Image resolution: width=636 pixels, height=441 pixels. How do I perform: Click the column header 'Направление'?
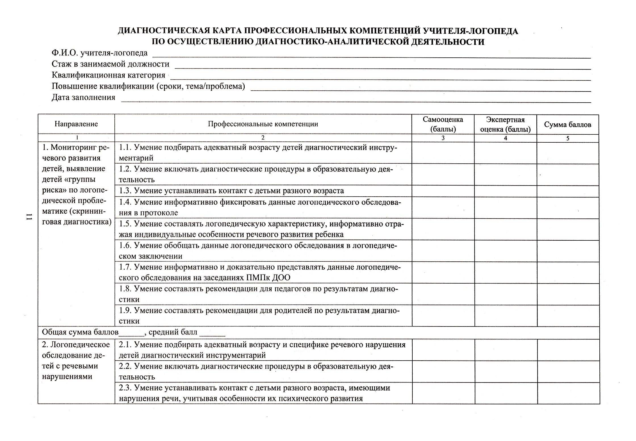[76, 124]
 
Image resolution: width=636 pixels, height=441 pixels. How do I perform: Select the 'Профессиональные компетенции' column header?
[263, 124]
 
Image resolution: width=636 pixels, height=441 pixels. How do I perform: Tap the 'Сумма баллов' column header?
[568, 124]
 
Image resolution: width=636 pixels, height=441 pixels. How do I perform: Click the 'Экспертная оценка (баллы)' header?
[505, 124]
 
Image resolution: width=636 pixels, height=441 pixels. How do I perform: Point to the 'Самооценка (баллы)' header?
[443, 124]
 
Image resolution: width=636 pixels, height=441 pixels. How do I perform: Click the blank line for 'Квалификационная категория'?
[380, 78]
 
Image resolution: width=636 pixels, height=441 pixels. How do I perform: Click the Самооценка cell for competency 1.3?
[443, 191]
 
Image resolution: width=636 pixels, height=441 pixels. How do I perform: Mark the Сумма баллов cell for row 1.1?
[568, 153]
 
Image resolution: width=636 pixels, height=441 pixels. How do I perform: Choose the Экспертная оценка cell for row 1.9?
[506, 316]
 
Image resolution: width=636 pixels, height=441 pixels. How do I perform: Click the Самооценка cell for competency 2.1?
[443, 350]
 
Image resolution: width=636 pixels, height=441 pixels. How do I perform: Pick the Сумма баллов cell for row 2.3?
[568, 393]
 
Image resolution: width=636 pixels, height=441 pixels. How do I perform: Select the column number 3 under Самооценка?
[443, 138]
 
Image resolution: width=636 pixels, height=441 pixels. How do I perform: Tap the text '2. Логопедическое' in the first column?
[76, 345]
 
